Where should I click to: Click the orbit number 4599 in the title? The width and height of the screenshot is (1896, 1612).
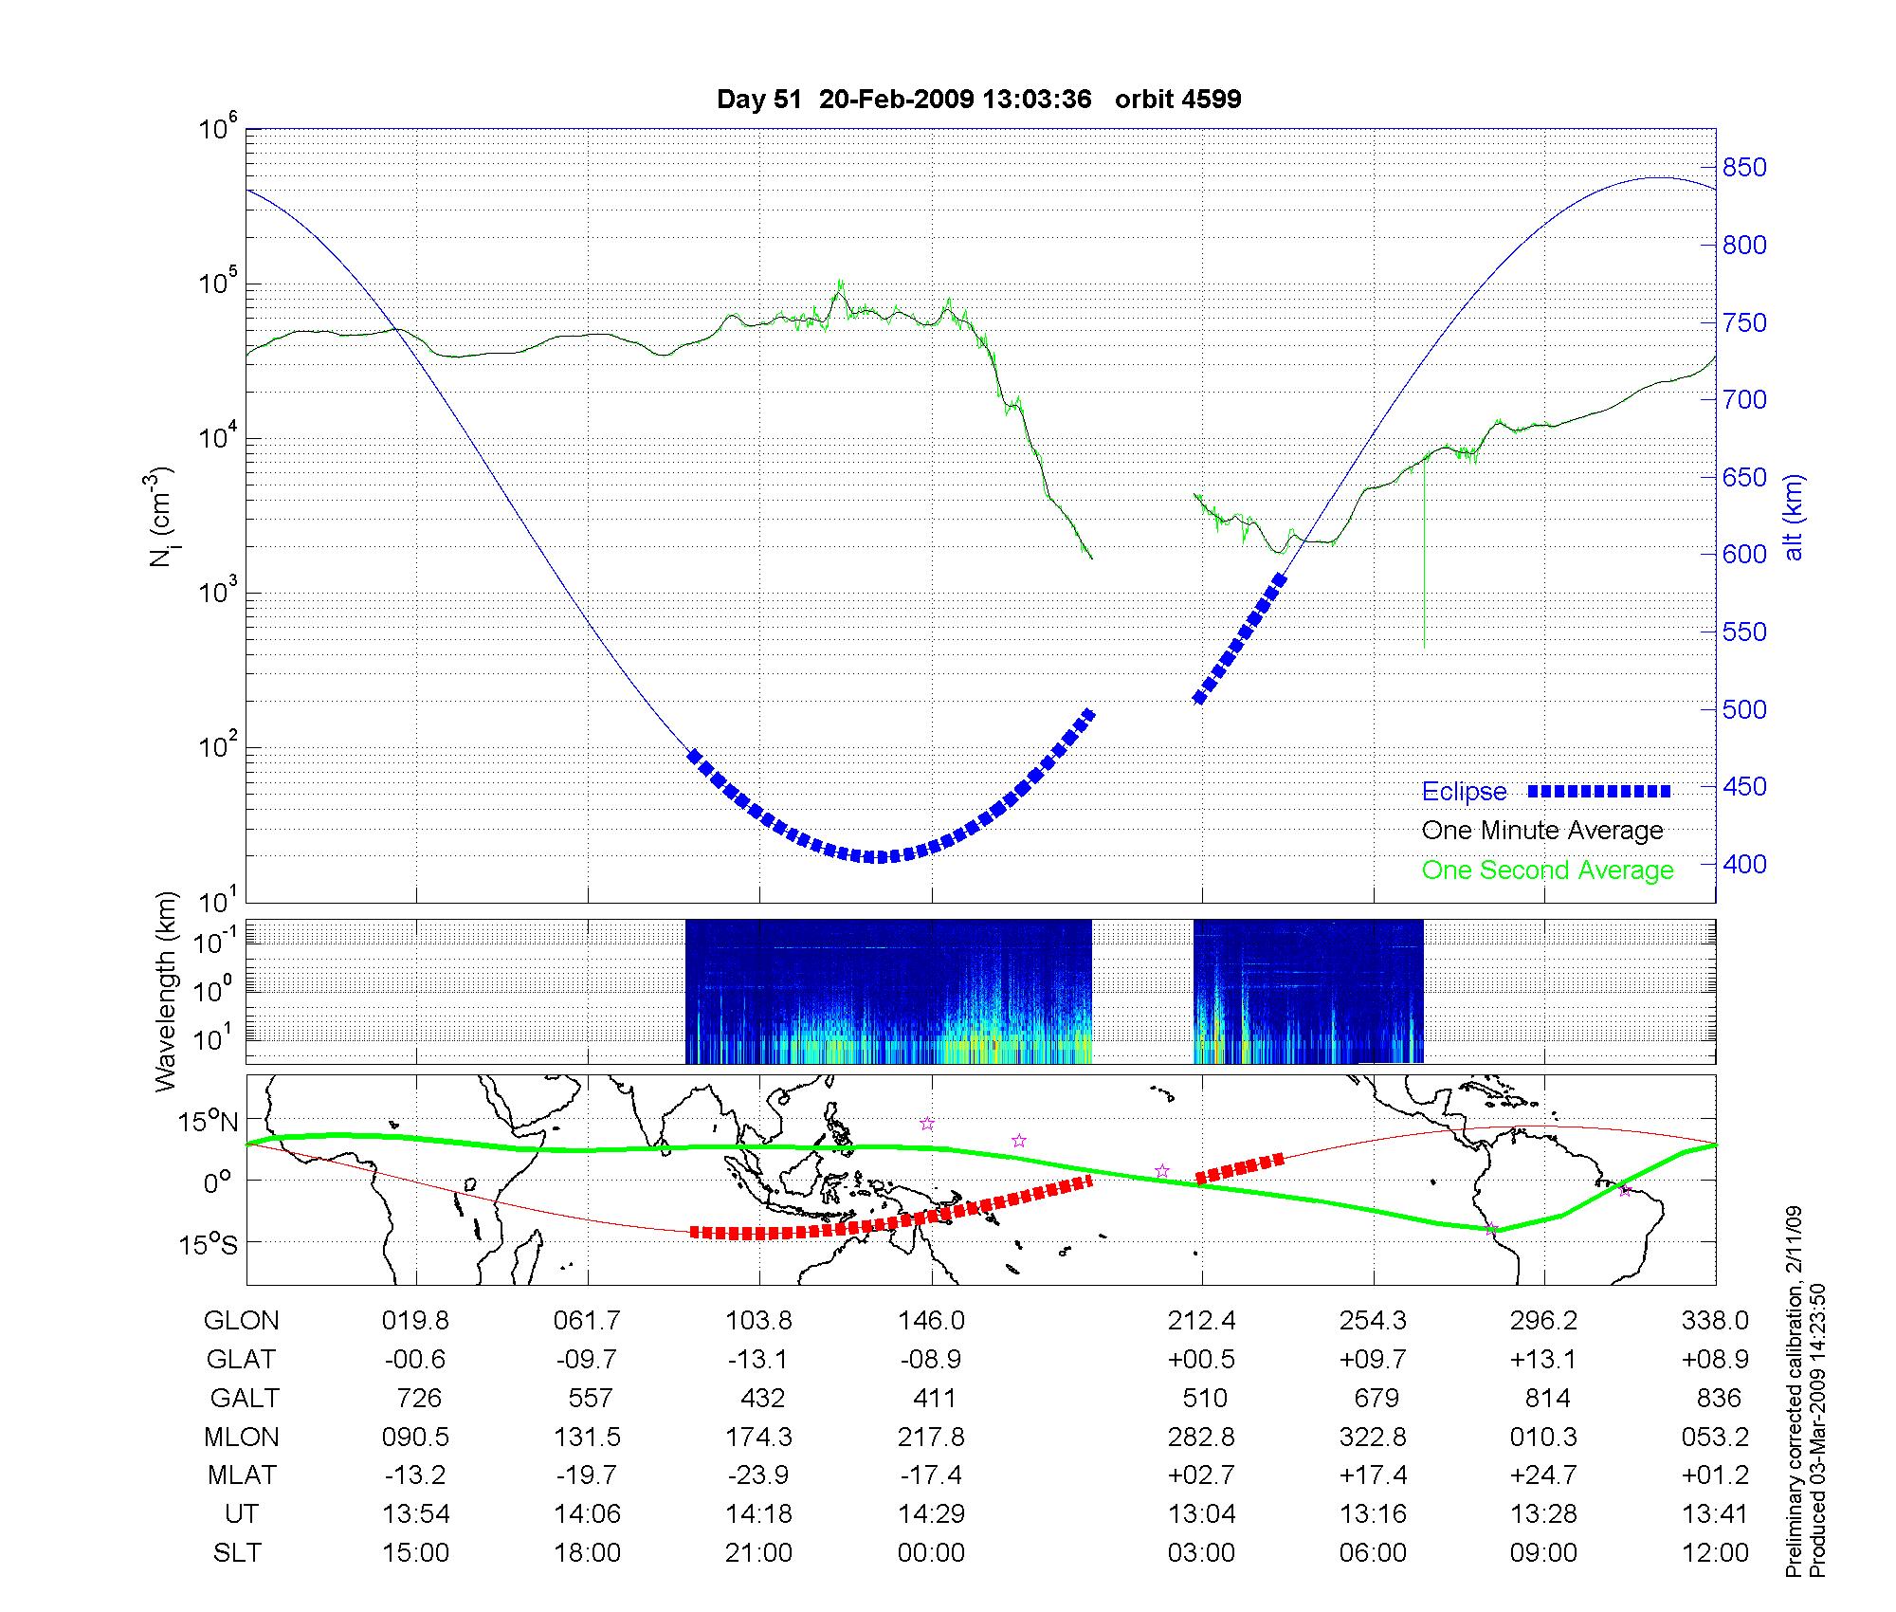[x=1206, y=100]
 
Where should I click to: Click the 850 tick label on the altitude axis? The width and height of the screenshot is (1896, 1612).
[x=1744, y=168]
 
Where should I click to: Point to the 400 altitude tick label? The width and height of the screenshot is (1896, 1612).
[x=1744, y=865]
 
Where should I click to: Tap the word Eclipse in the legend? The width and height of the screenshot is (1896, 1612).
[x=1464, y=792]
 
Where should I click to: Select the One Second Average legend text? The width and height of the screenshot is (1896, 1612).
[x=1547, y=870]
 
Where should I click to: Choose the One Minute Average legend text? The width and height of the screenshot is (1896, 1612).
[x=1542, y=831]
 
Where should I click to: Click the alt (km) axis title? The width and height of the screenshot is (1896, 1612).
[x=1794, y=517]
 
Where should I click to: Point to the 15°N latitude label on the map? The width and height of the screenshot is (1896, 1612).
[x=210, y=1123]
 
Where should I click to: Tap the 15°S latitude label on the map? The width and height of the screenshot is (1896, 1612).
[x=210, y=1243]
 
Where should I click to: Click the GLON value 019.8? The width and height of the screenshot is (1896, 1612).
[x=415, y=1320]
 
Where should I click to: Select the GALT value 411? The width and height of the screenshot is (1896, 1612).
[x=933, y=1398]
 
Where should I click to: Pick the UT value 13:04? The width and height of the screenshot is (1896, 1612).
[x=1201, y=1513]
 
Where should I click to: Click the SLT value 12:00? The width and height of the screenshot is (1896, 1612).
[x=1716, y=1552]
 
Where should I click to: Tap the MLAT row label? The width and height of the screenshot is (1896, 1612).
[x=242, y=1475]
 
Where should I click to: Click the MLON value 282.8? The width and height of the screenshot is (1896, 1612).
[x=1201, y=1437]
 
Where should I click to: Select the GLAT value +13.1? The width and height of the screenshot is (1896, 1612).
[x=1543, y=1359]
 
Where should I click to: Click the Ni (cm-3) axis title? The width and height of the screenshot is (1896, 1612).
[x=160, y=517]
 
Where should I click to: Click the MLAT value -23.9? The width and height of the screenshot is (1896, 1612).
[x=758, y=1475]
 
